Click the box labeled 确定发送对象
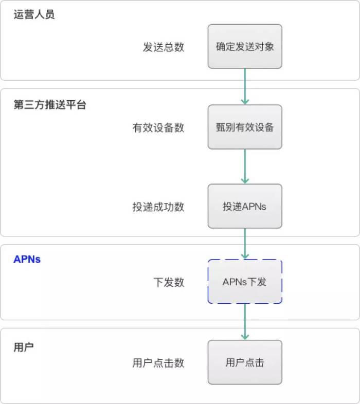point(245,46)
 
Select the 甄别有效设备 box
point(245,127)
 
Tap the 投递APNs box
point(245,206)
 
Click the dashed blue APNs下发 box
point(245,282)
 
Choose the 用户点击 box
point(245,362)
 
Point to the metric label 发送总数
point(164,47)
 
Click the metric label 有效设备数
point(158,128)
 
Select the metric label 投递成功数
point(158,207)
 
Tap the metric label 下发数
point(169,282)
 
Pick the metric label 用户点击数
point(158,363)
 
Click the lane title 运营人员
point(34,14)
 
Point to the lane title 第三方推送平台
point(50,105)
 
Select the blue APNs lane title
point(27,259)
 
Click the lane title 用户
point(24,347)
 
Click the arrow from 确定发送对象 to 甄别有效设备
point(245,86)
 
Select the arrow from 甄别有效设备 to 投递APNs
point(245,167)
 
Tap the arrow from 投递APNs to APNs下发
point(245,244)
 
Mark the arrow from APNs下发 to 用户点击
point(245,322)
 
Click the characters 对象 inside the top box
point(264,47)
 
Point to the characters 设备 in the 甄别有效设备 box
point(264,127)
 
